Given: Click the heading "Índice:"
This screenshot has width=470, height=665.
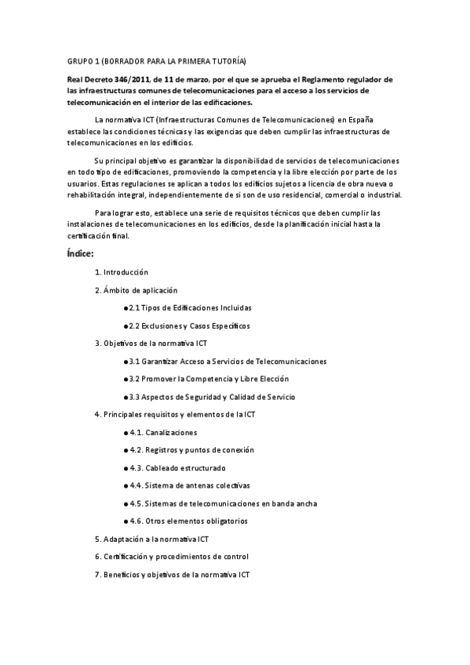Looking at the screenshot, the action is coord(81,253).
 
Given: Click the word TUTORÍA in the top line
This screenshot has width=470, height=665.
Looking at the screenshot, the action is coord(226,60).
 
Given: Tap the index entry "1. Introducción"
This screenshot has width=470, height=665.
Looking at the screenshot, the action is coord(122,272).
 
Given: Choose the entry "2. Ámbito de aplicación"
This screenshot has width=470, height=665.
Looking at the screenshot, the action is coord(136,290).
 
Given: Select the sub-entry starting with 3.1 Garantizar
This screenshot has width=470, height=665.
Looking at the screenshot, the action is coord(228,362).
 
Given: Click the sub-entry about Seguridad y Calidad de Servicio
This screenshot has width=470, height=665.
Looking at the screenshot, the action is coord(212,397).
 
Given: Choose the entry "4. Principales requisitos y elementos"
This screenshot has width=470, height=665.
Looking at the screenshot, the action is coord(174,414).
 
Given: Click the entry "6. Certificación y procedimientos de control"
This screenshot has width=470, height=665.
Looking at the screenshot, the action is coord(171,557).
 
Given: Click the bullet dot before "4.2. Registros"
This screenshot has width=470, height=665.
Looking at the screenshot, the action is coord(126,450).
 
